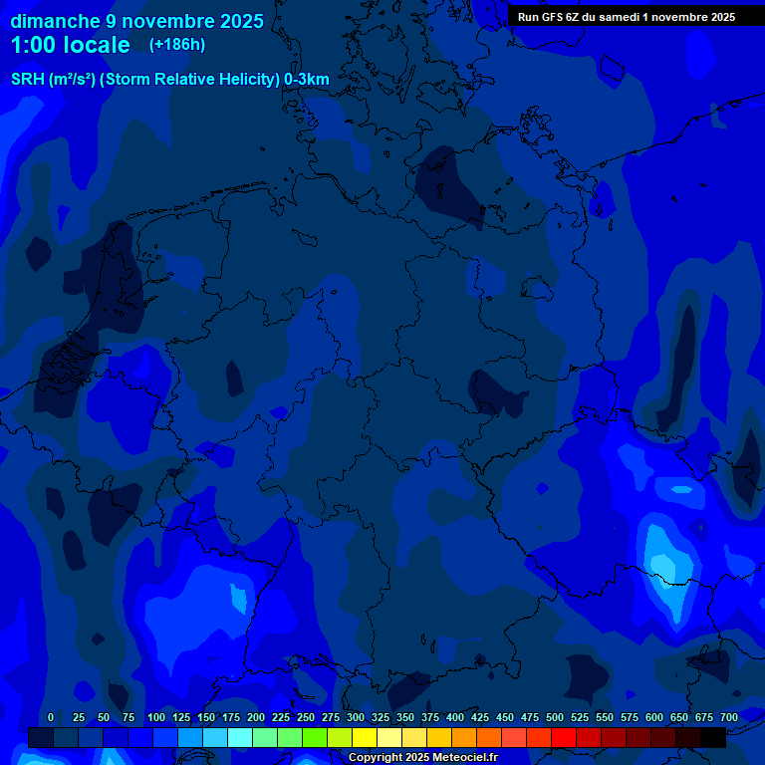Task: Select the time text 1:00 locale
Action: click(x=70, y=45)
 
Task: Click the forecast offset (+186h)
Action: click(x=177, y=45)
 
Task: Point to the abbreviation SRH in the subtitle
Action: click(x=28, y=80)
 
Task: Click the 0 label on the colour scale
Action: click(x=51, y=717)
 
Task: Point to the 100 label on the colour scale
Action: click(x=156, y=717)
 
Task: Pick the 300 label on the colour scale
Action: click(x=356, y=717)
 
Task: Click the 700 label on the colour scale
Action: click(x=729, y=717)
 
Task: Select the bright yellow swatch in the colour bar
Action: click(x=365, y=737)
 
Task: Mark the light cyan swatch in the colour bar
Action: click(x=240, y=737)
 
